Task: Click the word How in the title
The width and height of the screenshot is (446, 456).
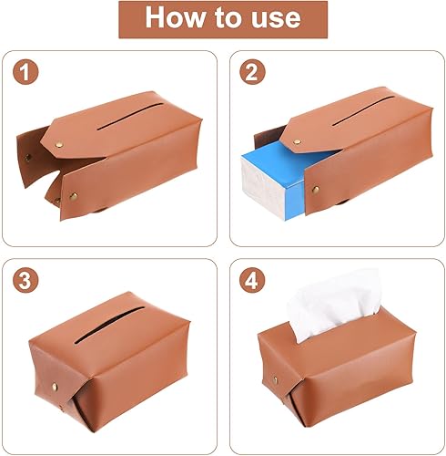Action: point(175,17)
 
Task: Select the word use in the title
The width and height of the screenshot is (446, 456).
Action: point(276,20)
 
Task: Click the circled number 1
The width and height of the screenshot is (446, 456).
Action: point(25,72)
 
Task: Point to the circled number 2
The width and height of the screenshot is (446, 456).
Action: point(252,72)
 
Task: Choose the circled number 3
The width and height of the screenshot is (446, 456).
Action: point(25,280)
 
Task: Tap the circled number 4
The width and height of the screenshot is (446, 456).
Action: point(252,280)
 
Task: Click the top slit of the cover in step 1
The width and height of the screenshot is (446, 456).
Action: point(130,117)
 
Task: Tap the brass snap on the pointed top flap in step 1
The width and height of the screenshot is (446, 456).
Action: point(59,145)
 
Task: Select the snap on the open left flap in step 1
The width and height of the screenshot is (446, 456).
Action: point(28,158)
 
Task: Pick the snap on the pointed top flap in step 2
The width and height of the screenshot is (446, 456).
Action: point(298,141)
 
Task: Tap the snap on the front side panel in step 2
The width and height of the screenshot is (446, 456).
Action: point(316,190)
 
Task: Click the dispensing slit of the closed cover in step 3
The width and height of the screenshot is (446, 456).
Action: point(109,325)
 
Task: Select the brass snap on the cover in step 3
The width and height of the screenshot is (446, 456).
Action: point(55,387)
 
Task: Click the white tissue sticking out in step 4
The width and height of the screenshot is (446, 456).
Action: point(334,304)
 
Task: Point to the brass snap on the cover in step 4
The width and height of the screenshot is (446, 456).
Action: point(276,380)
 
